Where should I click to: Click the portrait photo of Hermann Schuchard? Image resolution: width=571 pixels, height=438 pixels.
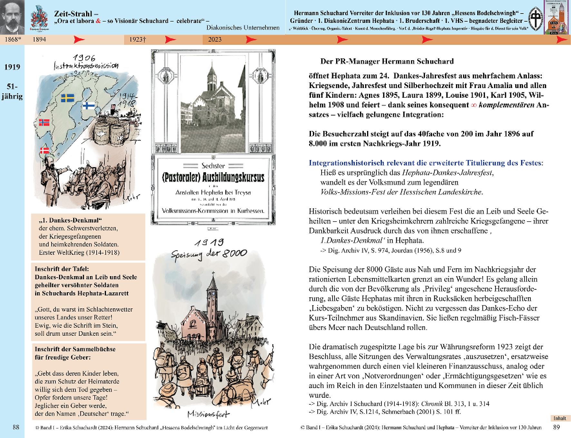[12, 17]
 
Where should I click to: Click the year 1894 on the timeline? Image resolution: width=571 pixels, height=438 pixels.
[39, 39]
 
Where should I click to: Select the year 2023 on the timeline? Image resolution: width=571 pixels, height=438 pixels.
[215, 39]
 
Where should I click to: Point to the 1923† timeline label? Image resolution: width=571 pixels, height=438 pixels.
[138, 39]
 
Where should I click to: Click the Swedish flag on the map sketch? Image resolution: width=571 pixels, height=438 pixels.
[67, 98]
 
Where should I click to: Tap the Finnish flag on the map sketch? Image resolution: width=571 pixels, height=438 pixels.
[89, 105]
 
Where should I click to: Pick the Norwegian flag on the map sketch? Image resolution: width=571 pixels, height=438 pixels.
[44, 122]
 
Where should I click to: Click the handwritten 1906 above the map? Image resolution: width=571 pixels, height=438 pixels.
[84, 58]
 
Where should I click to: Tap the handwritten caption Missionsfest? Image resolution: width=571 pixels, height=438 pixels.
[208, 414]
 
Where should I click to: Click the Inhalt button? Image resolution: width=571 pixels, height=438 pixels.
[560, 418]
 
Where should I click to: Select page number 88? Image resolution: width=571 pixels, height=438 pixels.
[16, 427]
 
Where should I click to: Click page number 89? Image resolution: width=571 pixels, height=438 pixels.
[556, 427]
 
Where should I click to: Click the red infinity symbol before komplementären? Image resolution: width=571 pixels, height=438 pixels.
[473, 105]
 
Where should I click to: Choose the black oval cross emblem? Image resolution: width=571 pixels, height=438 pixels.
[536, 19]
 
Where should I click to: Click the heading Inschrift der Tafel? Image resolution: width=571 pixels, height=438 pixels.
[62, 269]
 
